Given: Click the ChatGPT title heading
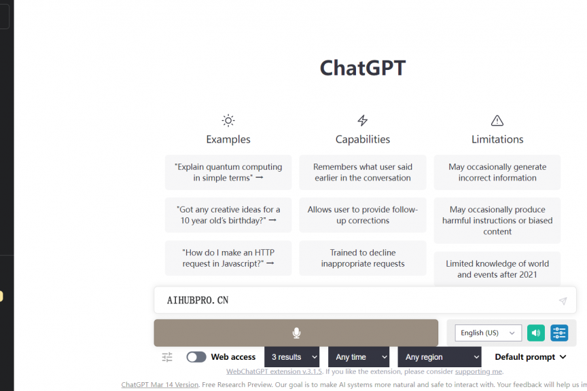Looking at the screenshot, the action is pyautogui.click(x=362, y=68).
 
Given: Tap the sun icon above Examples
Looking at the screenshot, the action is pyautogui.click(x=228, y=120).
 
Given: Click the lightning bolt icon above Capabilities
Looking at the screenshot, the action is pyautogui.click(x=362, y=120).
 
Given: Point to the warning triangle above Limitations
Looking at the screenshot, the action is pyautogui.click(x=497, y=120).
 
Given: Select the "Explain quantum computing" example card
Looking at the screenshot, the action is pyautogui.click(x=228, y=172).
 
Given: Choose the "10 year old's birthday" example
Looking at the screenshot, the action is pyautogui.click(x=228, y=215).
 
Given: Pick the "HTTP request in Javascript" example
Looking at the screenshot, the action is pyautogui.click(x=228, y=258).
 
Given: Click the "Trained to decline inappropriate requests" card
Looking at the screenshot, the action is pyautogui.click(x=362, y=258).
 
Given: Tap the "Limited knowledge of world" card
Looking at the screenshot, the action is pyautogui.click(x=497, y=269).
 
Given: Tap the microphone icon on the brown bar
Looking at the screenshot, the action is pyautogui.click(x=296, y=333).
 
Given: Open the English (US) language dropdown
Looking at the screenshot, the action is pyautogui.click(x=488, y=333).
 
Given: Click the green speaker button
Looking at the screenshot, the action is pyautogui.click(x=536, y=333).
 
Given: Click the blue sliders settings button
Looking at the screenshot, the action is pyautogui.click(x=559, y=333).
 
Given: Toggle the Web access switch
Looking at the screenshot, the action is pyautogui.click(x=196, y=357).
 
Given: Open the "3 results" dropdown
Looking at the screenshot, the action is pyautogui.click(x=292, y=357).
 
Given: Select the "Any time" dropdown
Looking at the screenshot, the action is pyautogui.click(x=359, y=357).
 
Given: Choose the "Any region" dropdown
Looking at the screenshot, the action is pyautogui.click(x=440, y=357).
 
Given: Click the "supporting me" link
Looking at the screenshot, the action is pyautogui.click(x=479, y=371).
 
